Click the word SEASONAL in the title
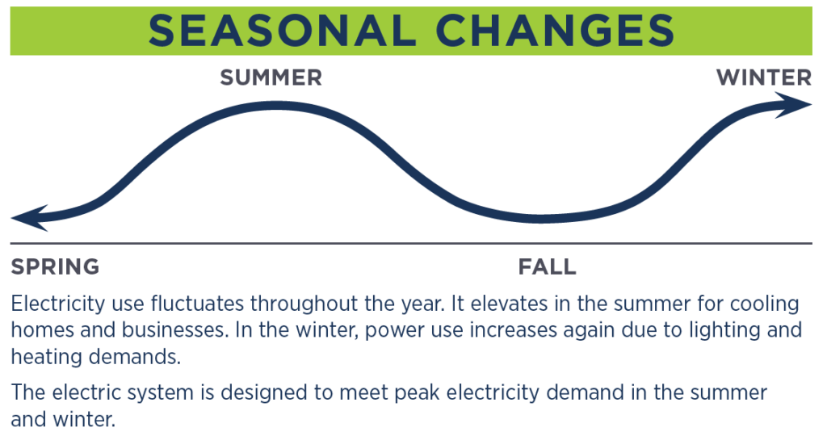[282, 31]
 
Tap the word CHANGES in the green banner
[555, 31]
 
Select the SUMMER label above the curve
[271, 78]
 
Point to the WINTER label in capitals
[764, 78]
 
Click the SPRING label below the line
[56, 266]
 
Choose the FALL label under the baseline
[547, 266]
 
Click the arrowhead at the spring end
[30, 218]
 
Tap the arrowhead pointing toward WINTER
[794, 105]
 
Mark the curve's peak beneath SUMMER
[273, 106]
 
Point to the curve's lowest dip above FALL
[540, 218]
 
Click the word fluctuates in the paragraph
[198, 304]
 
